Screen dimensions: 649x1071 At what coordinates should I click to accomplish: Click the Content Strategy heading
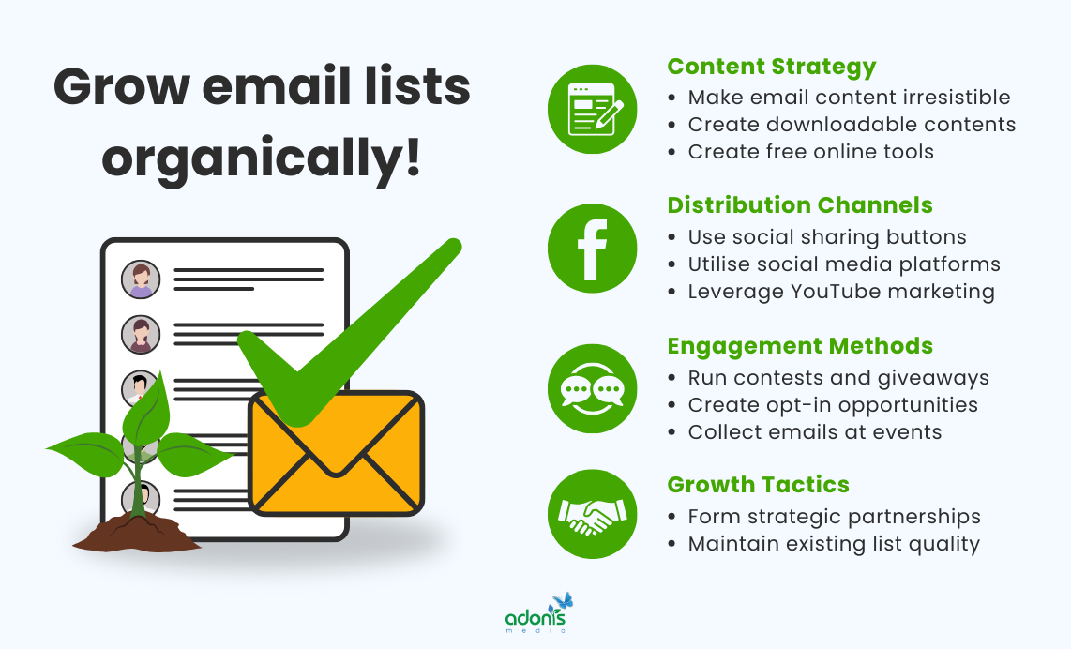coord(771,67)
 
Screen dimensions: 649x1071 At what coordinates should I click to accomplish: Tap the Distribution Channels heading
coord(799,205)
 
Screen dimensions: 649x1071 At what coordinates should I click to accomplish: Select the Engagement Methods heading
coord(799,346)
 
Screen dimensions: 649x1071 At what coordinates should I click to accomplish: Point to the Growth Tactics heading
coord(758,485)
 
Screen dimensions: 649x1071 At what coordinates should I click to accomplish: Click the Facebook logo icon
coord(592,249)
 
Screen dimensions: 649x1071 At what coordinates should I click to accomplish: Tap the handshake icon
coord(592,515)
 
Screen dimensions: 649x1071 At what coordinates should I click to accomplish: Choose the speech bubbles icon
coord(592,388)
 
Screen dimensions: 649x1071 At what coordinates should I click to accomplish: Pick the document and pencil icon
coord(592,109)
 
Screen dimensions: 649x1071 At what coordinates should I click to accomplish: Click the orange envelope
coord(336,454)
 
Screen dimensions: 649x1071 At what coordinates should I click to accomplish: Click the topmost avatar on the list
coord(141,279)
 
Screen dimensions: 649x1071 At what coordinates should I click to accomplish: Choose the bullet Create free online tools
coord(810,152)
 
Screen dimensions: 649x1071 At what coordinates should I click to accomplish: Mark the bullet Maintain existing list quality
coord(833,544)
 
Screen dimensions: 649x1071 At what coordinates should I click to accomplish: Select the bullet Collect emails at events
coord(814,432)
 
